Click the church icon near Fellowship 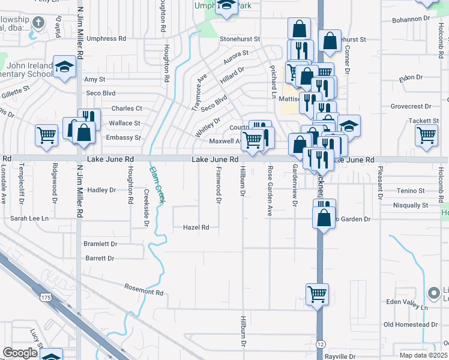coord(38,23)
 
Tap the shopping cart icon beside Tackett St coord(426,136)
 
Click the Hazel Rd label coord(196,227)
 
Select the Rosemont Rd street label coord(144,291)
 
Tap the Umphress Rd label coord(106,38)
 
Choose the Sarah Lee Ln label coord(29,218)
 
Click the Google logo coord(20,353)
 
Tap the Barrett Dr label coord(100,258)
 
